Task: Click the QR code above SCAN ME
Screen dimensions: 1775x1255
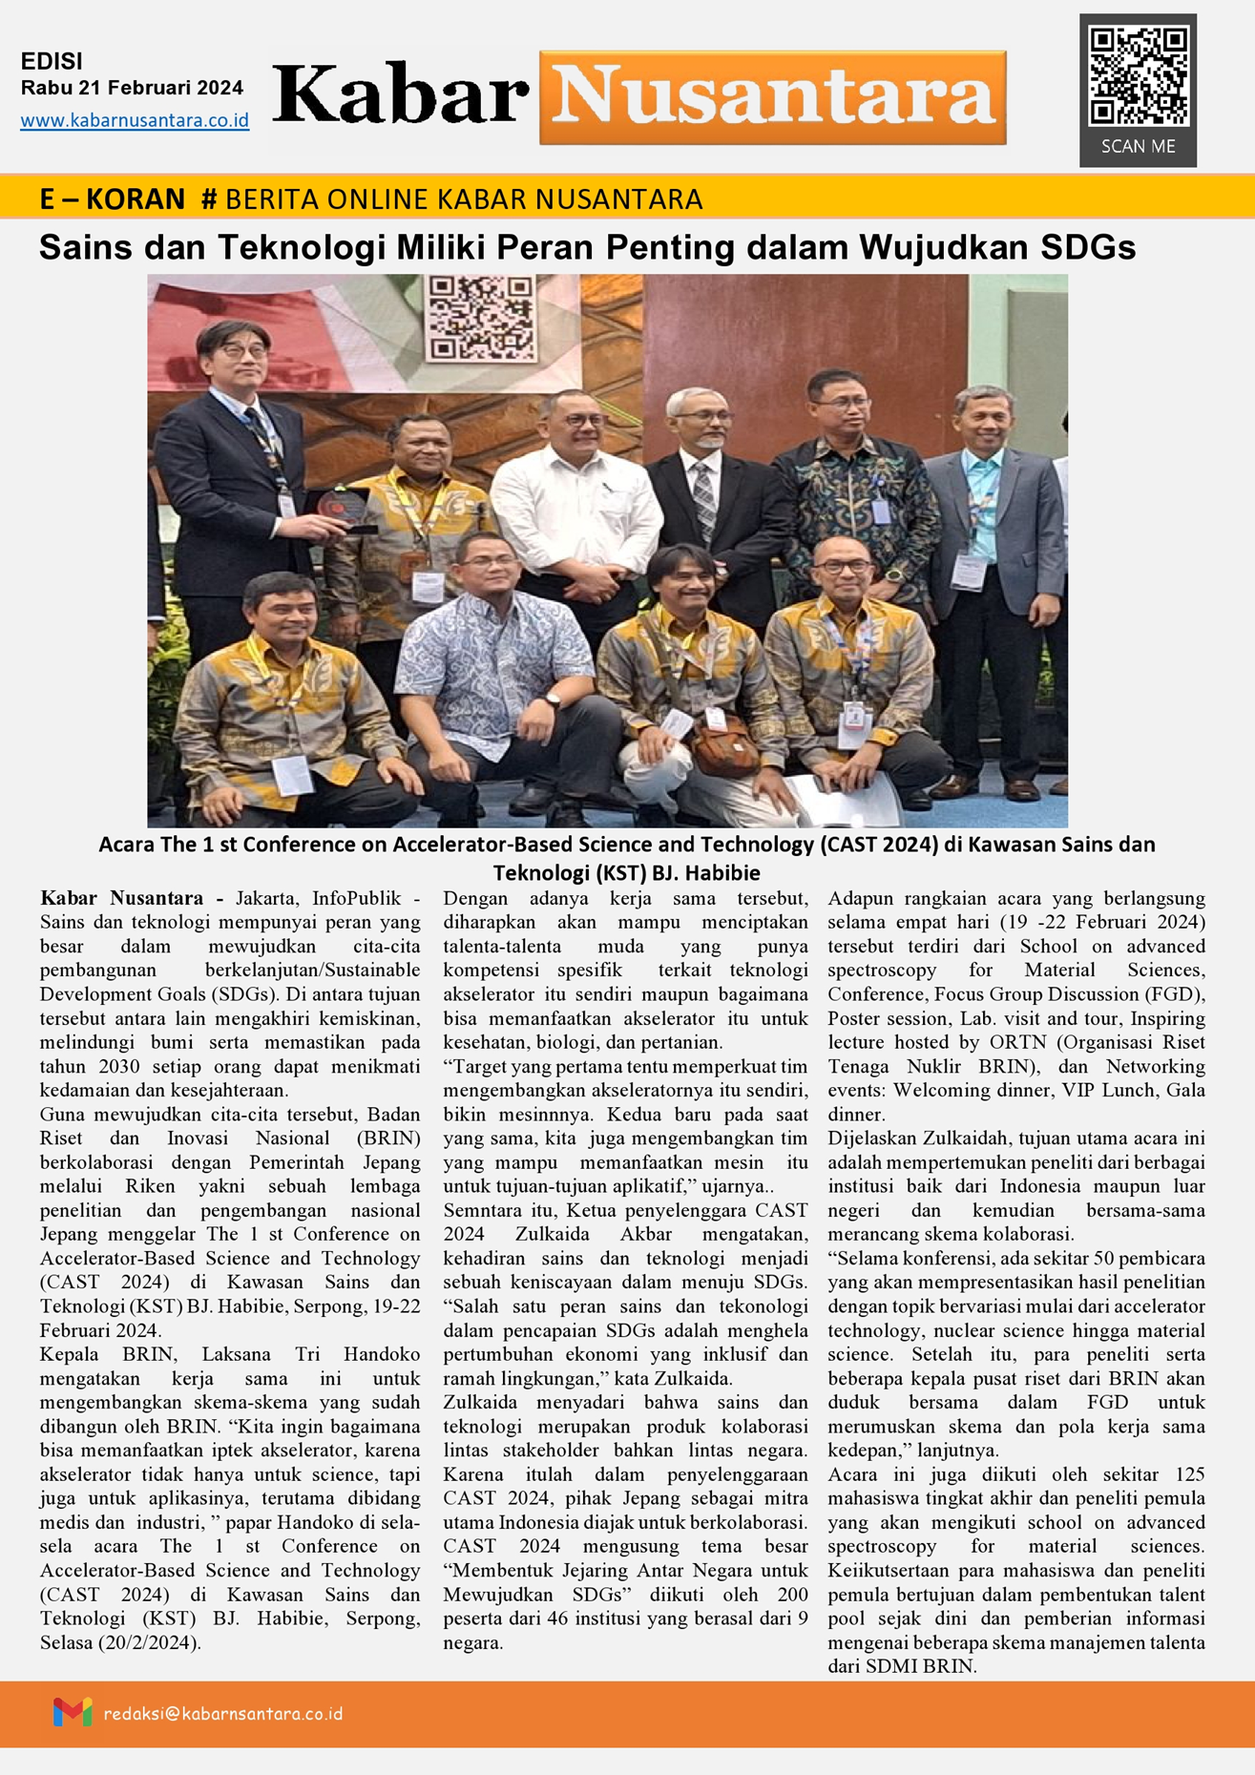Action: coord(1138,76)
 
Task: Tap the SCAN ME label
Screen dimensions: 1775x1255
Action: coord(1138,147)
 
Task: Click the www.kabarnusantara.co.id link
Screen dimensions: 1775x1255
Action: coord(135,121)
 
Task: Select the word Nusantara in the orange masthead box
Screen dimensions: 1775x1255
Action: coord(772,97)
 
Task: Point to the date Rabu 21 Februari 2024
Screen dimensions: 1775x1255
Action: coord(132,88)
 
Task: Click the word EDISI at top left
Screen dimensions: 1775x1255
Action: coord(52,61)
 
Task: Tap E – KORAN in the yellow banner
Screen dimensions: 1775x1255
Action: coord(112,198)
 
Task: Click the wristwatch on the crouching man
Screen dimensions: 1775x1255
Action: coord(553,700)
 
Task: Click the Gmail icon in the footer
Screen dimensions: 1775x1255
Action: coord(73,1712)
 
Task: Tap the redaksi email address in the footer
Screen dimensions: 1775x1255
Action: coord(222,1714)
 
